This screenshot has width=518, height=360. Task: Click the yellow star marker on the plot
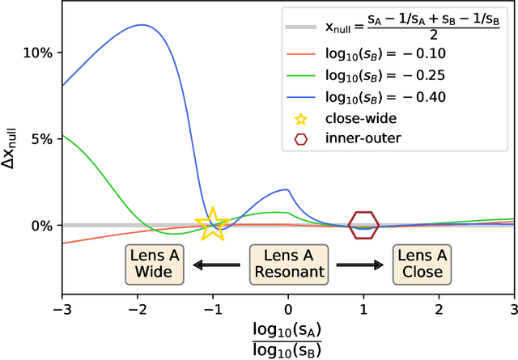[212, 224]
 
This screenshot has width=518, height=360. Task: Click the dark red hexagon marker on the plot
[363, 224]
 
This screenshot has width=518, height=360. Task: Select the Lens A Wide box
[154, 264]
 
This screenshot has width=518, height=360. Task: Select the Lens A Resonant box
[288, 264]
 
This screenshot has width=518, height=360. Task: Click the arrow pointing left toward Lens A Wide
[216, 264]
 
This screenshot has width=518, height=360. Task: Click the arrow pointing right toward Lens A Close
[360, 264]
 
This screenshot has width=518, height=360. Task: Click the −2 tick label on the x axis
[137, 310]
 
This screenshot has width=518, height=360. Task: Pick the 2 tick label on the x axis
[439, 310]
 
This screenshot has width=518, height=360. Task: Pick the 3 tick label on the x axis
[514, 310]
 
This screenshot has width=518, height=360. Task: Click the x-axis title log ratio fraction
[288, 340]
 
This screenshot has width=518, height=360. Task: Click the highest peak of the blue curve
[142, 24]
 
